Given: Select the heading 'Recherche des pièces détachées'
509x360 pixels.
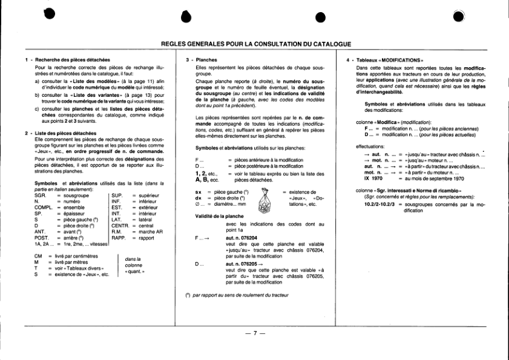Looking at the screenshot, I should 72,60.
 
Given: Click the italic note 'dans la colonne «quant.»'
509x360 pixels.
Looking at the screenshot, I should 134,265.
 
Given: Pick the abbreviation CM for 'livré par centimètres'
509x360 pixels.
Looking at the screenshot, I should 38,257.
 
